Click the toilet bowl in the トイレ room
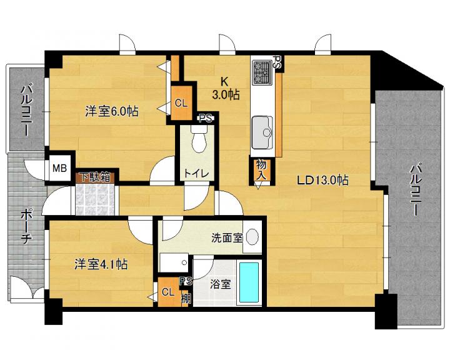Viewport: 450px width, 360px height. (x=199, y=141)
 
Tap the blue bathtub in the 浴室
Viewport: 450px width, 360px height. (x=249, y=282)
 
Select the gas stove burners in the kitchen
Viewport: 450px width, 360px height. (x=262, y=72)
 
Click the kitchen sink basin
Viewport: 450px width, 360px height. (x=262, y=132)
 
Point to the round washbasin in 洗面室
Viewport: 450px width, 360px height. (x=252, y=237)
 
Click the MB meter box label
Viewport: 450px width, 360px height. (x=60, y=168)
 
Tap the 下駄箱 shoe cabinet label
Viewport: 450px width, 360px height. (x=95, y=177)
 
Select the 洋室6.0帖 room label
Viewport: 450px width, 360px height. (x=112, y=111)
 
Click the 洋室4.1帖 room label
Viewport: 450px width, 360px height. (x=101, y=264)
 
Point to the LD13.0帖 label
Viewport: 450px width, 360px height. (x=322, y=180)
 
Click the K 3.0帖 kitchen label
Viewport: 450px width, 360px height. (x=225, y=88)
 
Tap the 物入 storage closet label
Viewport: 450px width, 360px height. (x=261, y=170)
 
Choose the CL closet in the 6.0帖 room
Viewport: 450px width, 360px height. (x=181, y=102)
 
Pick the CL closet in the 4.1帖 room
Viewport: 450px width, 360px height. (x=168, y=292)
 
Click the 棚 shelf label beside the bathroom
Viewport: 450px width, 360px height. (x=186, y=299)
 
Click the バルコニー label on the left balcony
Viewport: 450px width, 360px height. (x=27, y=109)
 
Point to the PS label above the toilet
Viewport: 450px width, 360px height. (x=206, y=118)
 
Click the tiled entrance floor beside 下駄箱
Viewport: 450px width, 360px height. (x=95, y=199)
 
